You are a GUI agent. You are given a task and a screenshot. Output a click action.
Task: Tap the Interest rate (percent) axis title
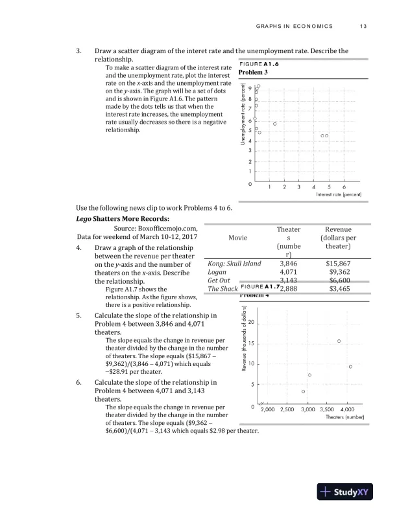[x=339, y=195]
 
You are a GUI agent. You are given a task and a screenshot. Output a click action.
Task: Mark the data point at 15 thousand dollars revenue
[x=339, y=340]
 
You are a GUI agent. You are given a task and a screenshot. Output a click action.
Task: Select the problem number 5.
[x=78, y=316]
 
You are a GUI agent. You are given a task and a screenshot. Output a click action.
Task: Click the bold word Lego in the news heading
[x=85, y=219]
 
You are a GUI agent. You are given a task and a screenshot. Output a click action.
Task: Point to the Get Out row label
[x=219, y=280]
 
